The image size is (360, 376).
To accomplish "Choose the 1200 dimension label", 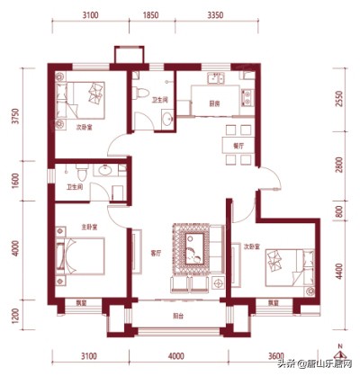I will (14, 317).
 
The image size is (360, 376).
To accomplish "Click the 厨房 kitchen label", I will (215, 103).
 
